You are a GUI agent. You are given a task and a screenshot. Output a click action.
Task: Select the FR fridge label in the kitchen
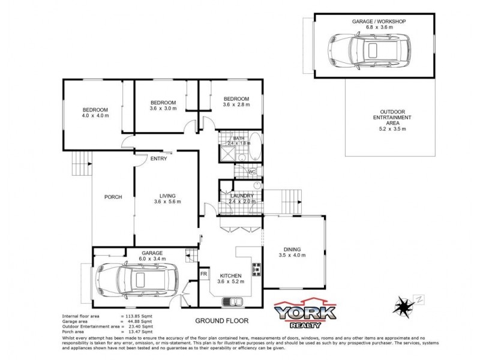pyautogui.click(x=203, y=274)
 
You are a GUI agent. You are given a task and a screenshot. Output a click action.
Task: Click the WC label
pyautogui.click(x=252, y=172)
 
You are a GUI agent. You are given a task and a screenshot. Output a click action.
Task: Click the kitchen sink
pyautogui.click(x=230, y=301)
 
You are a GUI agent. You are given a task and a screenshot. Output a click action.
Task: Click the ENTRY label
pyautogui.click(x=159, y=158)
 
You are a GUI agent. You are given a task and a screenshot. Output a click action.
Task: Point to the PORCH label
pyautogui.click(x=113, y=197)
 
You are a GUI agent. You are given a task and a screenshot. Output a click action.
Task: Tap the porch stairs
pyautogui.click(x=82, y=160)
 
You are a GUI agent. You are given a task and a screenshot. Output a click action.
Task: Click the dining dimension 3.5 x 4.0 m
pyautogui.click(x=292, y=256)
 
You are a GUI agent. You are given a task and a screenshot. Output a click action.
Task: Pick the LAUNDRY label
pyautogui.click(x=241, y=196)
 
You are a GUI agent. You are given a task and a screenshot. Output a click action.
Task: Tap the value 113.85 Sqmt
pyautogui.click(x=138, y=316)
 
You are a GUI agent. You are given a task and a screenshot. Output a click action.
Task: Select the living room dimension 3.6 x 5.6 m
pyautogui.click(x=167, y=202)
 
